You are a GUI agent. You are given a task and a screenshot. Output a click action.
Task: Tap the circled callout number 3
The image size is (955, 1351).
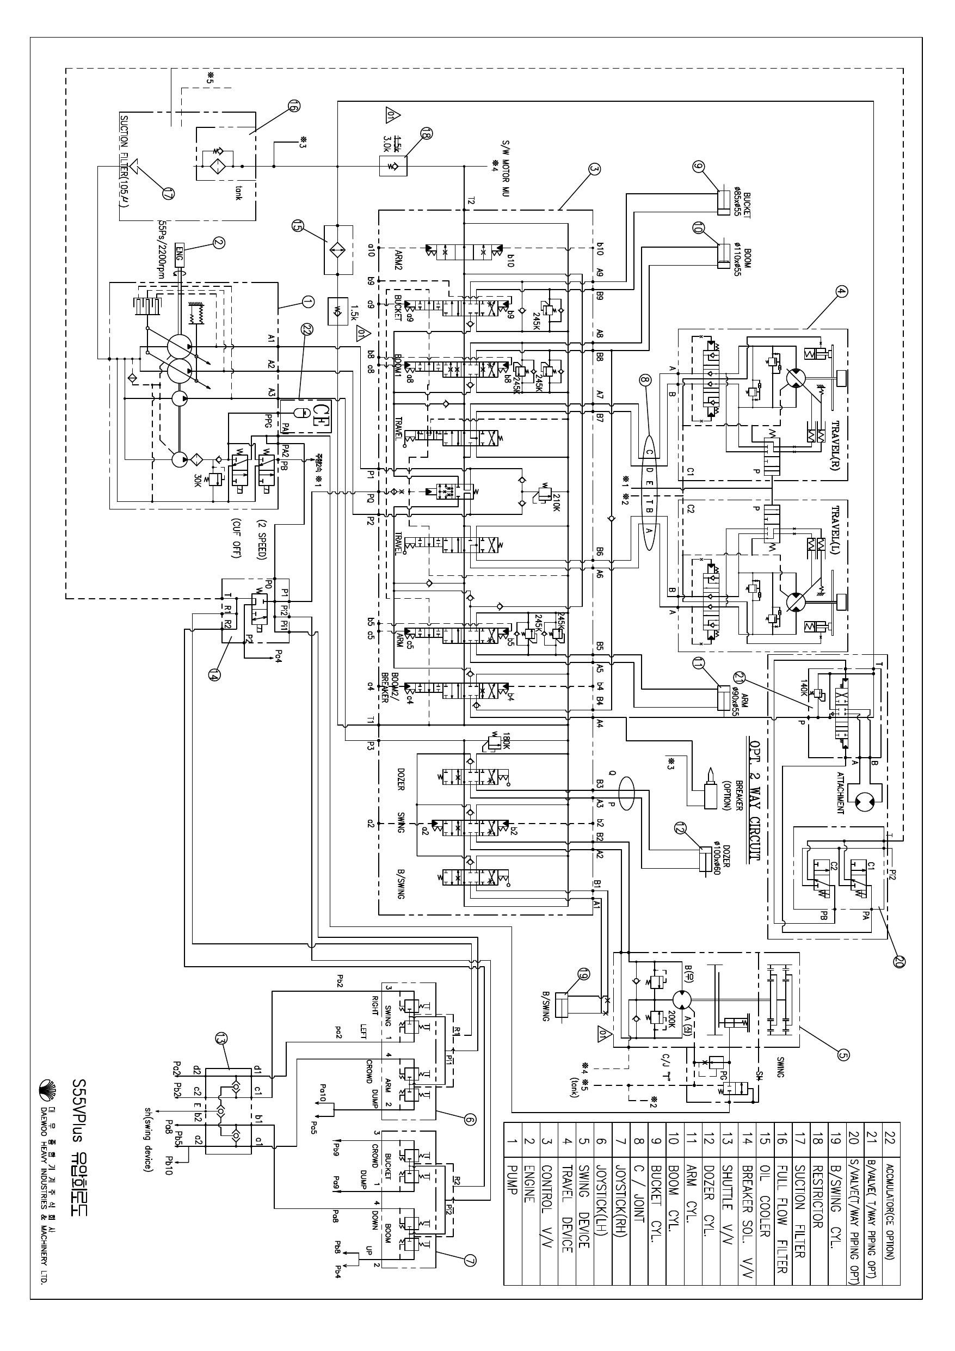(x=594, y=169)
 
